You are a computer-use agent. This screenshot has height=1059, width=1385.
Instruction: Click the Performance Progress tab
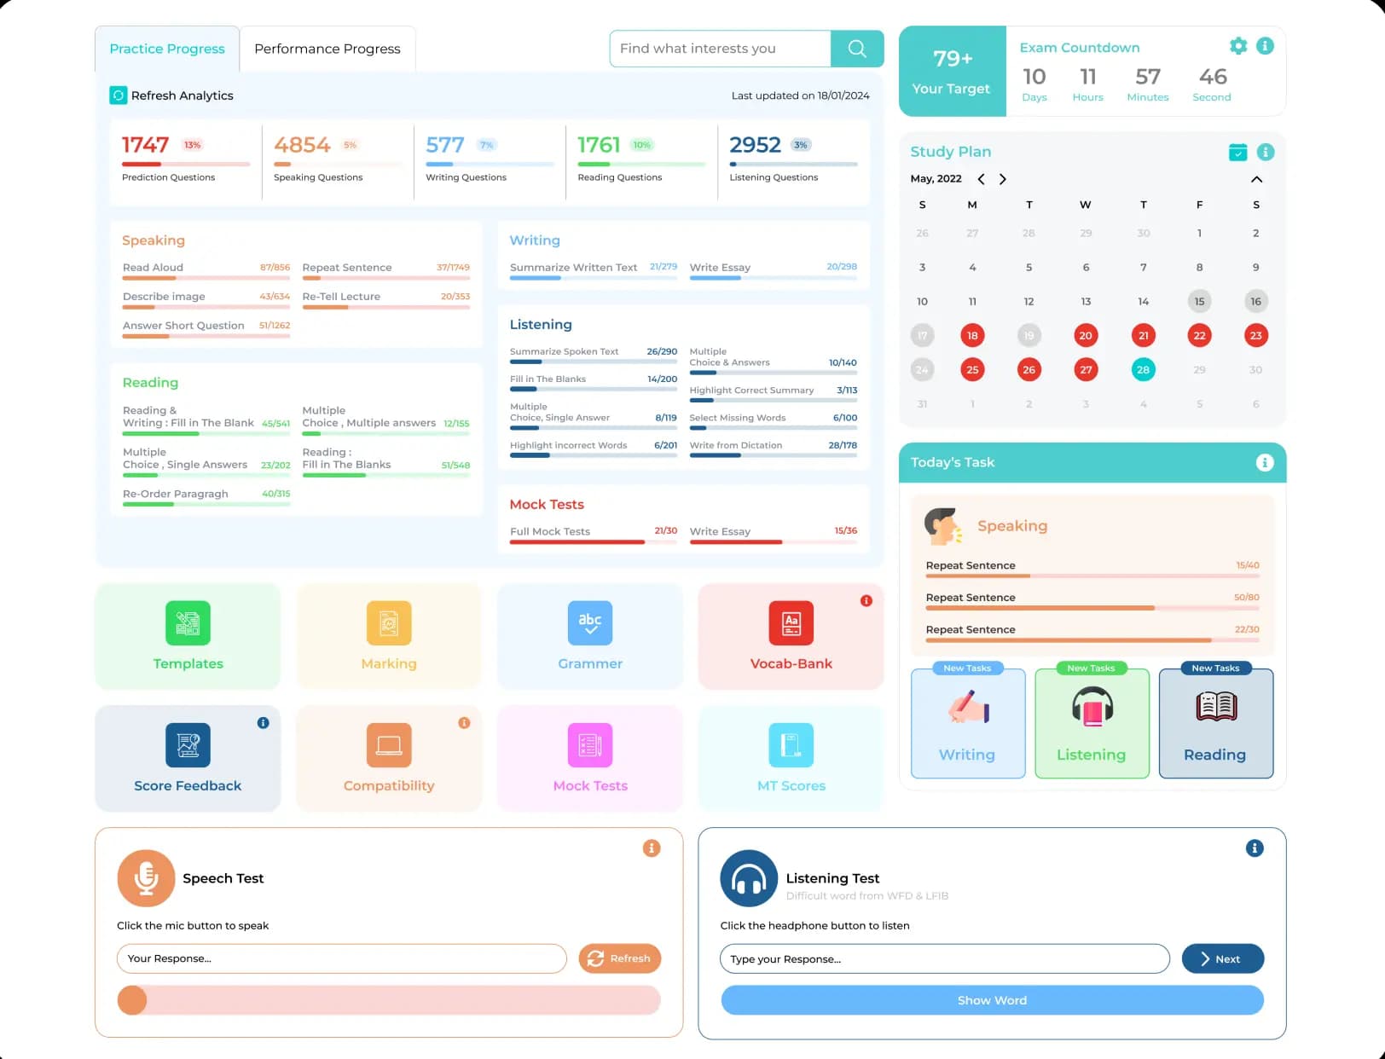(327, 49)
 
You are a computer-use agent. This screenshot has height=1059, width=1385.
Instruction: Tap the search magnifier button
(857, 49)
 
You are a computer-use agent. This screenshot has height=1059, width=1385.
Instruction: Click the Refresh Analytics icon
(119, 95)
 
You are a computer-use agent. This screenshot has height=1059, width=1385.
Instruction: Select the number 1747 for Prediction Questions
(146, 145)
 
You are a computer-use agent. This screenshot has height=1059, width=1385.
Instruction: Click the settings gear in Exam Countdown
(1238, 46)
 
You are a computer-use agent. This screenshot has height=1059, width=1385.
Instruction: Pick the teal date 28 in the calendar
(1143, 369)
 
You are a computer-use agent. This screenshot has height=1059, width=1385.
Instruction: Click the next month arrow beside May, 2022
(1003, 179)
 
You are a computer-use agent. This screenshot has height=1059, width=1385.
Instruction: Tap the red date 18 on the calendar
(972, 335)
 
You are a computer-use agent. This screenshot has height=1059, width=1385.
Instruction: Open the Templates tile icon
(188, 623)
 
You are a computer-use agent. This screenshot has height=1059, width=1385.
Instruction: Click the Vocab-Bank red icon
(791, 623)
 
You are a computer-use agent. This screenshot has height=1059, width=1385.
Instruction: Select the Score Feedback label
(188, 785)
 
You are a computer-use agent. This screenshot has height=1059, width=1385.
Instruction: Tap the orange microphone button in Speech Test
(146, 878)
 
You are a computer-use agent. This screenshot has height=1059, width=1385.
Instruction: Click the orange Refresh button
(620, 958)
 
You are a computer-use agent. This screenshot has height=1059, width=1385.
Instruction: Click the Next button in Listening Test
(1222, 958)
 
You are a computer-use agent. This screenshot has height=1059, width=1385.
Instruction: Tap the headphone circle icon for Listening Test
(749, 878)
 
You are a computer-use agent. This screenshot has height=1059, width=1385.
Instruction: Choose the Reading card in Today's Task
(1215, 723)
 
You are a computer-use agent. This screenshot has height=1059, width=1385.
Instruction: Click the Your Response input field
(341, 958)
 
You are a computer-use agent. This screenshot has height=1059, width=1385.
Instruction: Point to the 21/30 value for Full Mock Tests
(666, 530)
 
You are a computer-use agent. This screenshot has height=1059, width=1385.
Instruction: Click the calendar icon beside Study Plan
(1238, 152)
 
